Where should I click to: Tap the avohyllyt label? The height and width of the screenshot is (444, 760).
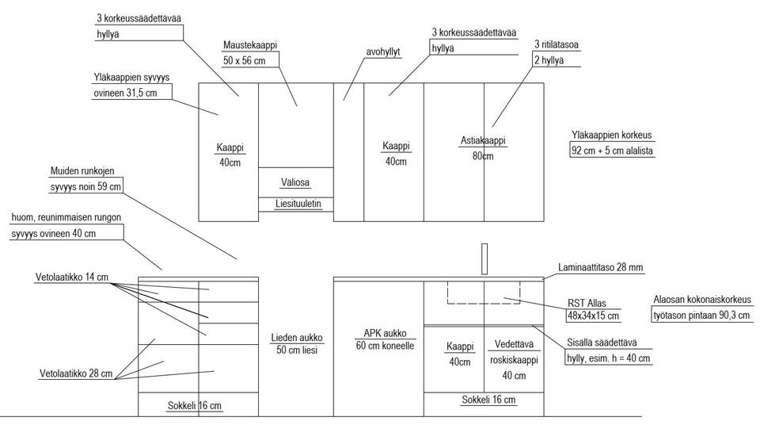click(x=383, y=52)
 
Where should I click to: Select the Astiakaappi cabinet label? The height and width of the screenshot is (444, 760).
click(x=483, y=141)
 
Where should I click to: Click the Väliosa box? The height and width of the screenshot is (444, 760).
click(x=295, y=182)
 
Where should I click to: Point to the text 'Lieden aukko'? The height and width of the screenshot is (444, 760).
click(x=295, y=337)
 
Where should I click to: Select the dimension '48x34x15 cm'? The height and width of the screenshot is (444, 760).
click(x=593, y=316)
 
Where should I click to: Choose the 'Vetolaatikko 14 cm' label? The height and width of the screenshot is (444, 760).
click(x=72, y=277)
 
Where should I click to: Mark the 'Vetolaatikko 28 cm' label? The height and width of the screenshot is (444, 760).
click(x=76, y=373)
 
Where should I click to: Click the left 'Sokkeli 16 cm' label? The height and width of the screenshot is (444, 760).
click(x=194, y=406)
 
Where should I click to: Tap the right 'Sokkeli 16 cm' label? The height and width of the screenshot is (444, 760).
click(x=488, y=400)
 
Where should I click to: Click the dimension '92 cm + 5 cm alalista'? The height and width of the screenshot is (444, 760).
click(x=612, y=151)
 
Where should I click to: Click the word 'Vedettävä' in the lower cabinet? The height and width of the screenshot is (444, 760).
click(x=514, y=346)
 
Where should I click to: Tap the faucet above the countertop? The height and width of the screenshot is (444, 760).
click(x=484, y=258)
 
